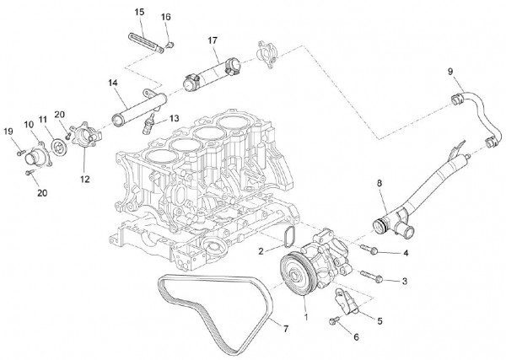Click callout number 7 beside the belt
click(x=285, y=327)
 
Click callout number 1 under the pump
click(x=306, y=320)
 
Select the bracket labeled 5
click(x=348, y=303)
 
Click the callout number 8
click(x=379, y=182)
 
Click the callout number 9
click(x=450, y=70)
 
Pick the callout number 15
click(x=139, y=12)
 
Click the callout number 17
click(x=213, y=40)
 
